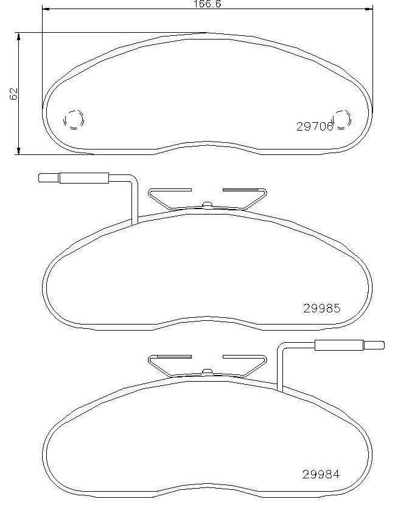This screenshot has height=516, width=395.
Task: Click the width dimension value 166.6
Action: tap(207, 4)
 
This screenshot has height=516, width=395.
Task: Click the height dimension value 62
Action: tap(13, 94)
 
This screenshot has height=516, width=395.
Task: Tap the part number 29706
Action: tap(315, 126)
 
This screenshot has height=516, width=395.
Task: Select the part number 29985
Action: tap(321, 308)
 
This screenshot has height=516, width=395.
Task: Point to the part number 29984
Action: tap(321, 474)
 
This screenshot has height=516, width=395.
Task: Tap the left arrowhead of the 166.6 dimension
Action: tap(46, 9)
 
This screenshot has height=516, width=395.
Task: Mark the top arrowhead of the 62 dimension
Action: tap(19, 36)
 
